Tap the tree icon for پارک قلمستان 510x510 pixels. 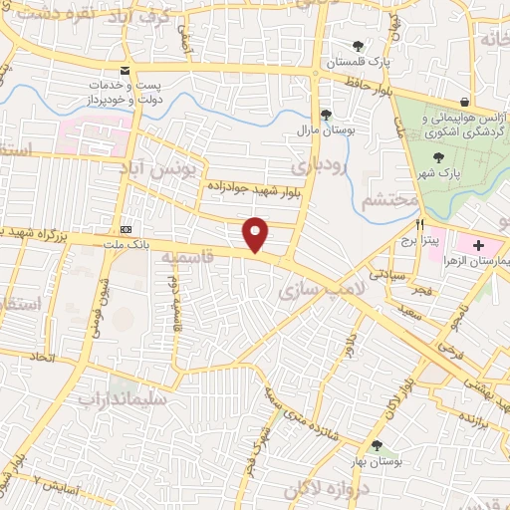358,46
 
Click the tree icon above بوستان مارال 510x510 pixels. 326,114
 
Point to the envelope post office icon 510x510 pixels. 125,71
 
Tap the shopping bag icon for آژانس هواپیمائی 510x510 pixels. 465,102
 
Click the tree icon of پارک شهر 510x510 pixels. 437,157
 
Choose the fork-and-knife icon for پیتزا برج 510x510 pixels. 421,225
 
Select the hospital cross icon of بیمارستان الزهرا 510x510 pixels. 478,244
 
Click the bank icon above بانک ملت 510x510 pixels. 125,227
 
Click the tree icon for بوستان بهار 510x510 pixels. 376,446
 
